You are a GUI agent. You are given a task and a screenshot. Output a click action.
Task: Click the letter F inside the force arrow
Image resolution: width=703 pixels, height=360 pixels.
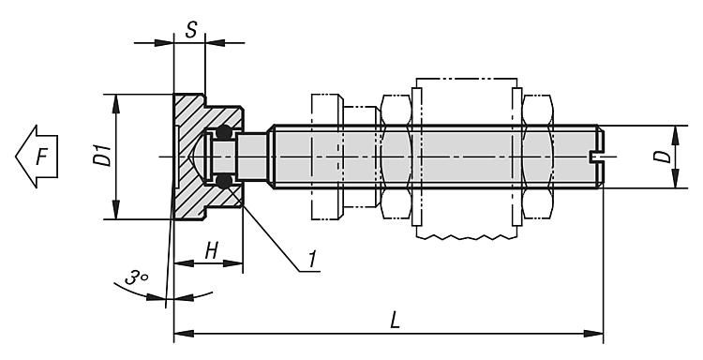(41, 157)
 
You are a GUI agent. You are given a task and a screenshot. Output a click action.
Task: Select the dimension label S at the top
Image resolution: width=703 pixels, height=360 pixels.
(191, 30)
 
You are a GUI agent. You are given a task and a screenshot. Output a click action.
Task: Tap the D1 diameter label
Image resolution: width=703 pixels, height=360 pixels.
(104, 155)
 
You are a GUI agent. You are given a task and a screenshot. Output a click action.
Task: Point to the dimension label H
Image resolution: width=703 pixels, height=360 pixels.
(211, 251)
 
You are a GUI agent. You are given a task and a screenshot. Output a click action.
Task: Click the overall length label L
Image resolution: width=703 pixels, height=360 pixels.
(395, 321)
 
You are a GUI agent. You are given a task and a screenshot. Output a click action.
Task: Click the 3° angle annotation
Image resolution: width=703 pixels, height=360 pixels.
(136, 277)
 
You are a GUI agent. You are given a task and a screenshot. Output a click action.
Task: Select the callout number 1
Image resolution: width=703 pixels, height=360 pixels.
(312, 259)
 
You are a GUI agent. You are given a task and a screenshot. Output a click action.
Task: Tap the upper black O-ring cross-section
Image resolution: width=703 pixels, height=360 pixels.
(224, 132)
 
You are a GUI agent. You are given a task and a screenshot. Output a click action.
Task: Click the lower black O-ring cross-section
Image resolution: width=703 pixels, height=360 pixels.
(224, 181)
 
